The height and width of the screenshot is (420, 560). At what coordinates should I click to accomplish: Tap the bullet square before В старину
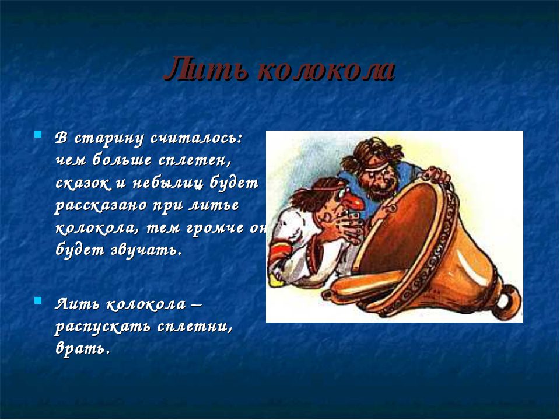click(38, 134)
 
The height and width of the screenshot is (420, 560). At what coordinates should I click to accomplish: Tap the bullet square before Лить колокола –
click(38, 300)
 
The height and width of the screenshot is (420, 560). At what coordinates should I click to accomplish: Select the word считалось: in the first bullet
click(196, 139)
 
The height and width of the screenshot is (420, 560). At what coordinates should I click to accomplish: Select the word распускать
click(102, 327)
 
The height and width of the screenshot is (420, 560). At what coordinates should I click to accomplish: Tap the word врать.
click(82, 348)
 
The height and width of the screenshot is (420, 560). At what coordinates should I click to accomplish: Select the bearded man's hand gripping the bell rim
click(436, 176)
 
